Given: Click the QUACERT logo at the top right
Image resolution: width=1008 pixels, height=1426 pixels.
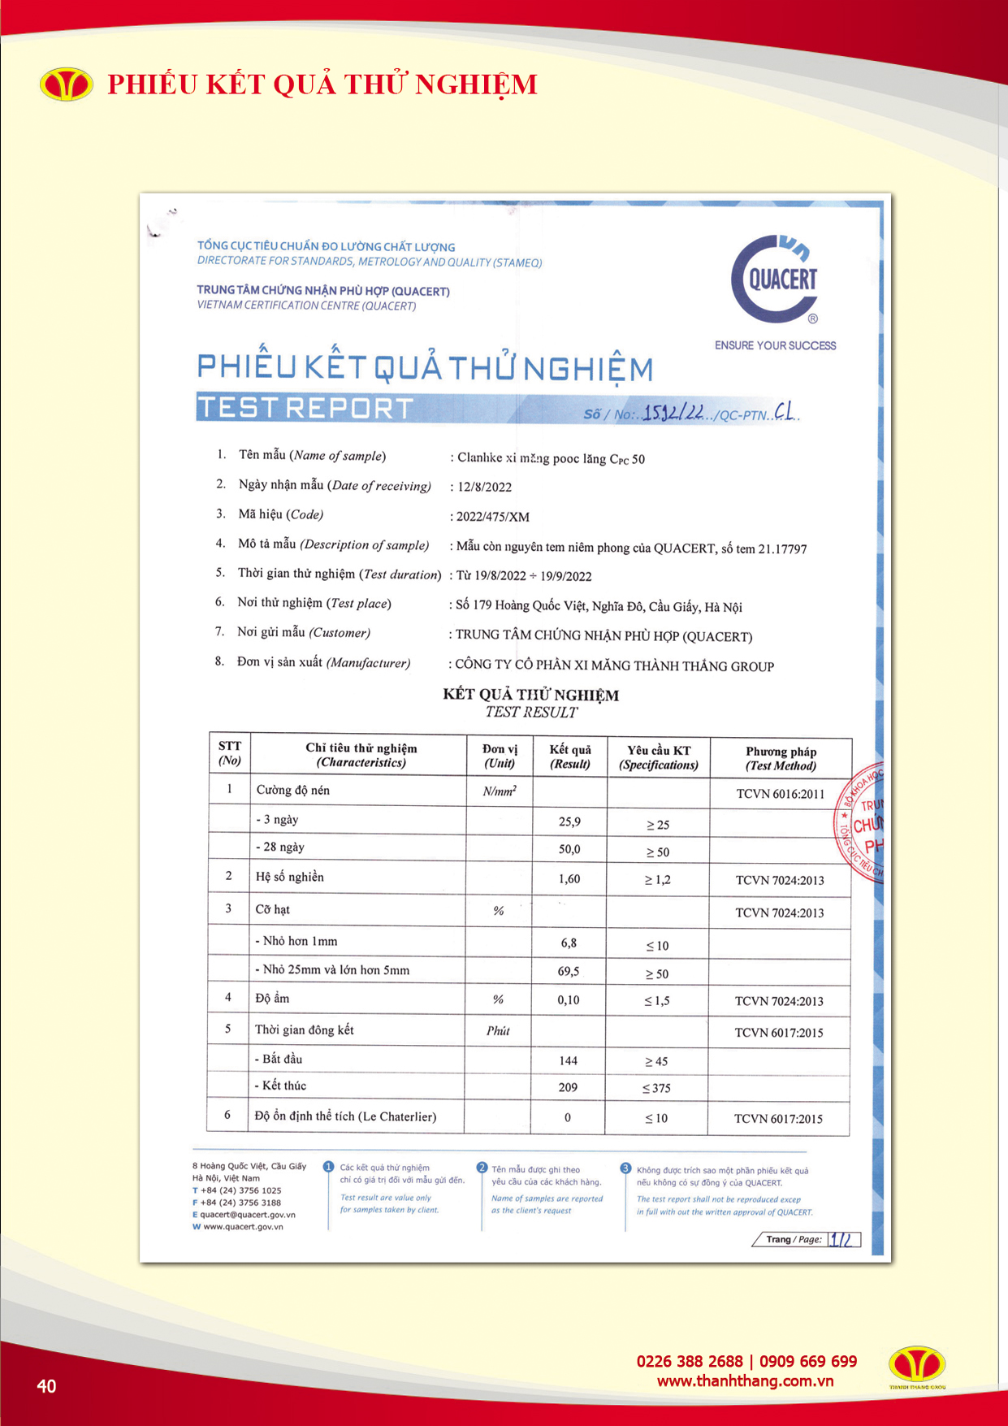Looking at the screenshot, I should coord(776,280).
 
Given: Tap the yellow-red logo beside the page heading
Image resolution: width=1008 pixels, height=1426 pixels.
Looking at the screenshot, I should coord(67,85).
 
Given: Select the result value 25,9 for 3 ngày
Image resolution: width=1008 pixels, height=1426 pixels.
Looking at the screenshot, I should coord(569,821).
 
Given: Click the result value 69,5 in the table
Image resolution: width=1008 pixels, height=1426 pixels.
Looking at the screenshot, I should coord(569,972).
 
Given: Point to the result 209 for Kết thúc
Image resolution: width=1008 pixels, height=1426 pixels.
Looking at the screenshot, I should coord(568,1087).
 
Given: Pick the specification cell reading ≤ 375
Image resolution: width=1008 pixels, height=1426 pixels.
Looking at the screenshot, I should coord(656,1088).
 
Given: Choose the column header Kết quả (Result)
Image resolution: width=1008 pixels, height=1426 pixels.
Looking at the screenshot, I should coord(570,756).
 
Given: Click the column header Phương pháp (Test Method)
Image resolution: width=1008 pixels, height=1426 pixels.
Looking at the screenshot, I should coord(781,758).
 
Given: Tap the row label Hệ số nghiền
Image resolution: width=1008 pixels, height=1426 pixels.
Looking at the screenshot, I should coord(289,877).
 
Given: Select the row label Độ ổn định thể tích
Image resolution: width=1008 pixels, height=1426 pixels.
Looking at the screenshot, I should coord(345,1116).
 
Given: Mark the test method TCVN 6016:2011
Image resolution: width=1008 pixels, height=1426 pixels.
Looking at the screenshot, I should coord(780,794).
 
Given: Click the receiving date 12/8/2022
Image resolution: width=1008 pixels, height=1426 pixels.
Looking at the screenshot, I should coord(484,487).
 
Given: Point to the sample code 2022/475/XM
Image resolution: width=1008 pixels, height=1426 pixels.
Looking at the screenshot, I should coord(493,517).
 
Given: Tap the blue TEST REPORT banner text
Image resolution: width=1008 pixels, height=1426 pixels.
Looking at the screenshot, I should coord(306,408).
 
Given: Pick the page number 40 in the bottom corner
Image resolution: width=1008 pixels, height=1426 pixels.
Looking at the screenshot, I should coord(46,1386).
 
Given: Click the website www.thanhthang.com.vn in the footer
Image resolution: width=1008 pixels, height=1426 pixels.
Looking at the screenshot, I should coord(745,1381).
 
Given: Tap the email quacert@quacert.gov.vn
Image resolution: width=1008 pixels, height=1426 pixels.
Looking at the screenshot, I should coord(248,1215).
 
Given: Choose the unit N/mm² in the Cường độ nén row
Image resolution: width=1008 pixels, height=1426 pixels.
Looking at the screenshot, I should coord(500,791).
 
